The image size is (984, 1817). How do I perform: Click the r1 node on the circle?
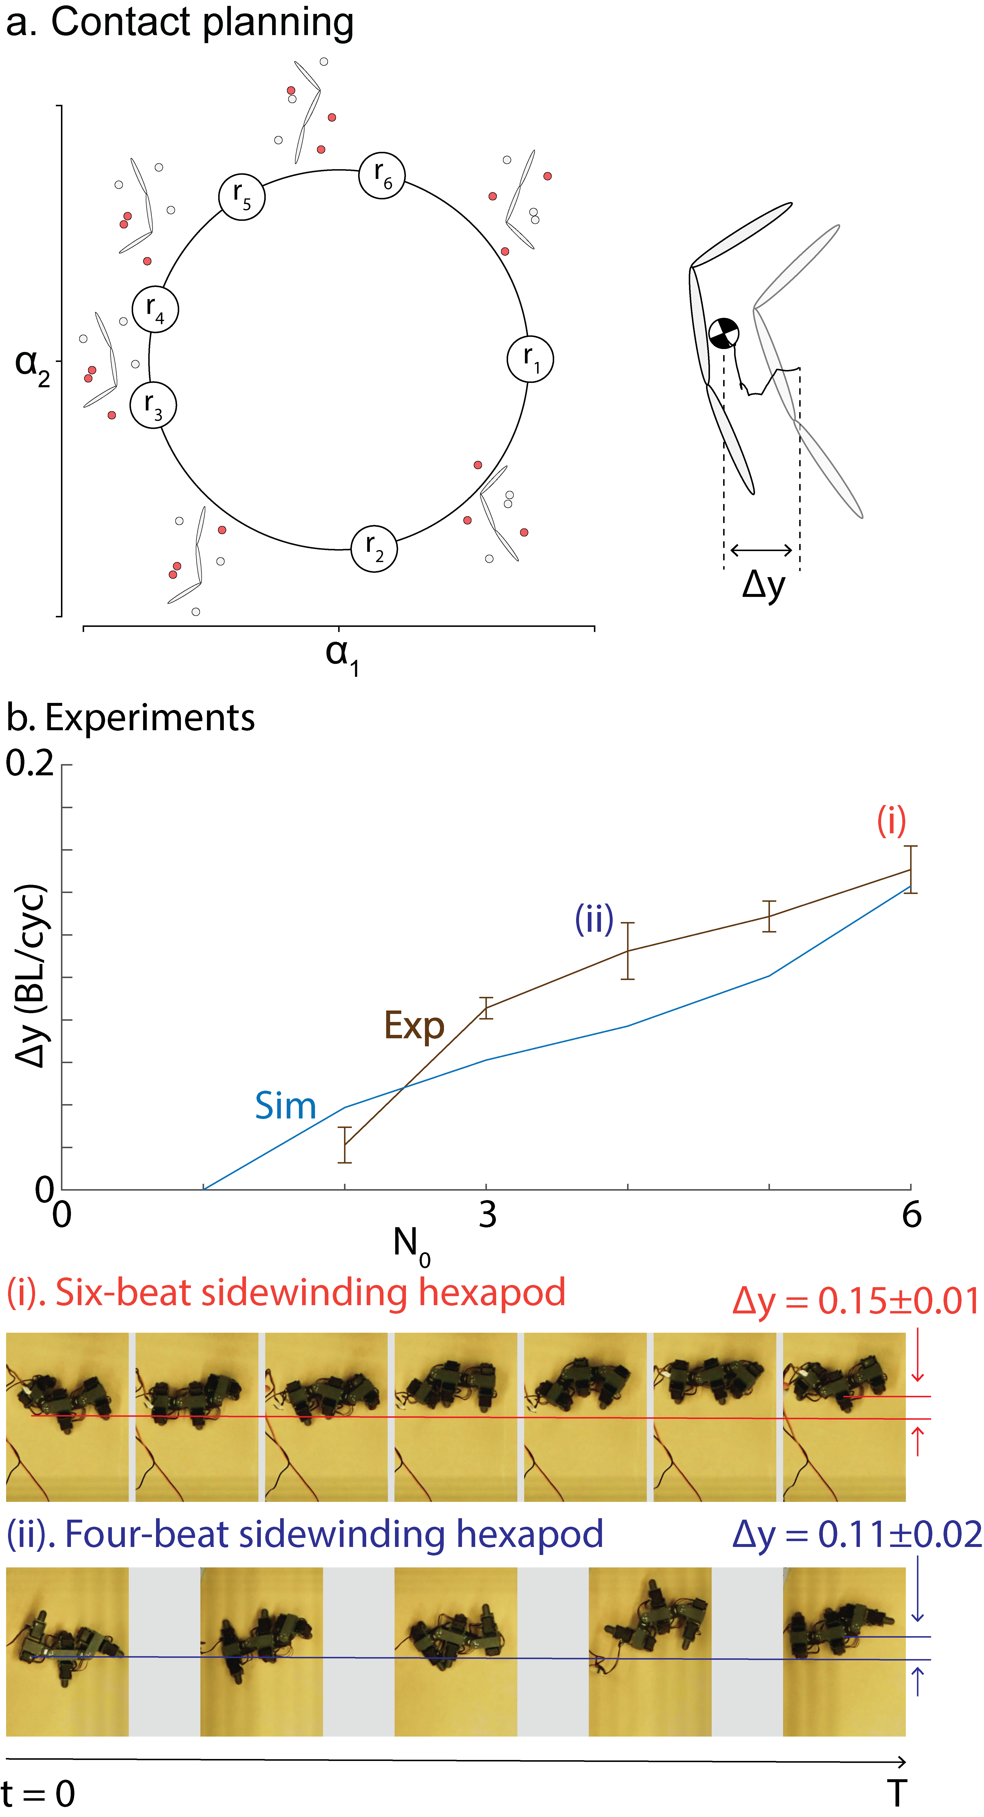(x=530, y=359)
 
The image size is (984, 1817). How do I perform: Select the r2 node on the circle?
(x=374, y=548)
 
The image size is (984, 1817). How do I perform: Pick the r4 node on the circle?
(x=155, y=309)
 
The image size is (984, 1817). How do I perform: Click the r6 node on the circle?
(x=382, y=175)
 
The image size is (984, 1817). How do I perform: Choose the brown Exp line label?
(x=414, y=1026)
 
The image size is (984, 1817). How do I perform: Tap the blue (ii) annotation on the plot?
(x=594, y=919)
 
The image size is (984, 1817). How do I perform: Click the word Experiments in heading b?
(x=149, y=718)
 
